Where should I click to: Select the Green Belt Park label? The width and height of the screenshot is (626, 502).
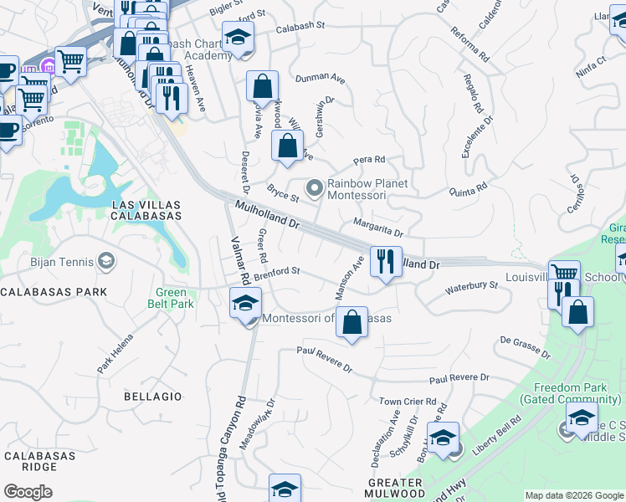tap(171, 298)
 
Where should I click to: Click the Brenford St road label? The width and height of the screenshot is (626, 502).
tap(277, 272)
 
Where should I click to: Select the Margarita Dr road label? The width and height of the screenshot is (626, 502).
tap(377, 228)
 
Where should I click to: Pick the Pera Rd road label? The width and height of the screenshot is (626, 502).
tap(368, 159)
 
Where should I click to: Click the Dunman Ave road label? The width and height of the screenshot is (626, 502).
tap(320, 79)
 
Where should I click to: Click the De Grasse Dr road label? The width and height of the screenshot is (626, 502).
tap(525, 347)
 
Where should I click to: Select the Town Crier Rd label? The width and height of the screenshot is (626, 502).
tap(408, 402)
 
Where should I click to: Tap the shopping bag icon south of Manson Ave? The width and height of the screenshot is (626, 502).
tap(352, 322)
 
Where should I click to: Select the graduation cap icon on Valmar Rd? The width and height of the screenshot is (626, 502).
tap(244, 303)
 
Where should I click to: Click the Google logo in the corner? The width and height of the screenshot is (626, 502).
tap(28, 492)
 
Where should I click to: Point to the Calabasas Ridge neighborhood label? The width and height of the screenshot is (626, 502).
tap(39, 463)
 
